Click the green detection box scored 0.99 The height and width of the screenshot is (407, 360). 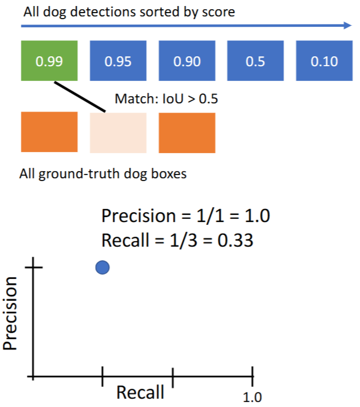[49, 61]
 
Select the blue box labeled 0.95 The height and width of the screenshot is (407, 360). [118, 61]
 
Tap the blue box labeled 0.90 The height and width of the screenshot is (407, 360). [187, 61]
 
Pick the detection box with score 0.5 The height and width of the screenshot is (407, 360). [256, 61]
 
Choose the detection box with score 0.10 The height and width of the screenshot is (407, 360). [324, 61]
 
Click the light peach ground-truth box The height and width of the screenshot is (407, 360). [118, 132]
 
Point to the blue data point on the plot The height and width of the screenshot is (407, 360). [102, 268]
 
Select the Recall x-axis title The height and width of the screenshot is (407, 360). [140, 392]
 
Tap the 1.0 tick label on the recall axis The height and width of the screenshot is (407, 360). [252, 397]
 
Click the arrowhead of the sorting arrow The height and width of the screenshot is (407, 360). [347, 25]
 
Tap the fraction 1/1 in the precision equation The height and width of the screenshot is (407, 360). [195, 216]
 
